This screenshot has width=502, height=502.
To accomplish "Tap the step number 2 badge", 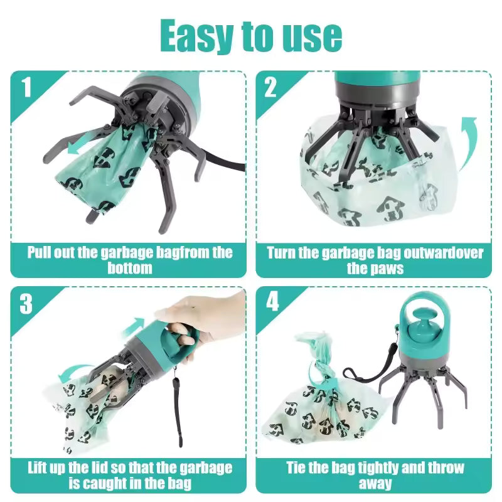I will click(x=270, y=87).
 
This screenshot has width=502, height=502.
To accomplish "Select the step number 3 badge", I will click(x=26, y=304).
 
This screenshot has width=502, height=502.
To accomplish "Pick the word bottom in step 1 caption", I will click(x=130, y=268).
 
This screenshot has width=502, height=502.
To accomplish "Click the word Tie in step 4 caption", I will click(x=299, y=468).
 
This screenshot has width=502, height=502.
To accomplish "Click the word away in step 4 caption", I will click(x=375, y=483).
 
